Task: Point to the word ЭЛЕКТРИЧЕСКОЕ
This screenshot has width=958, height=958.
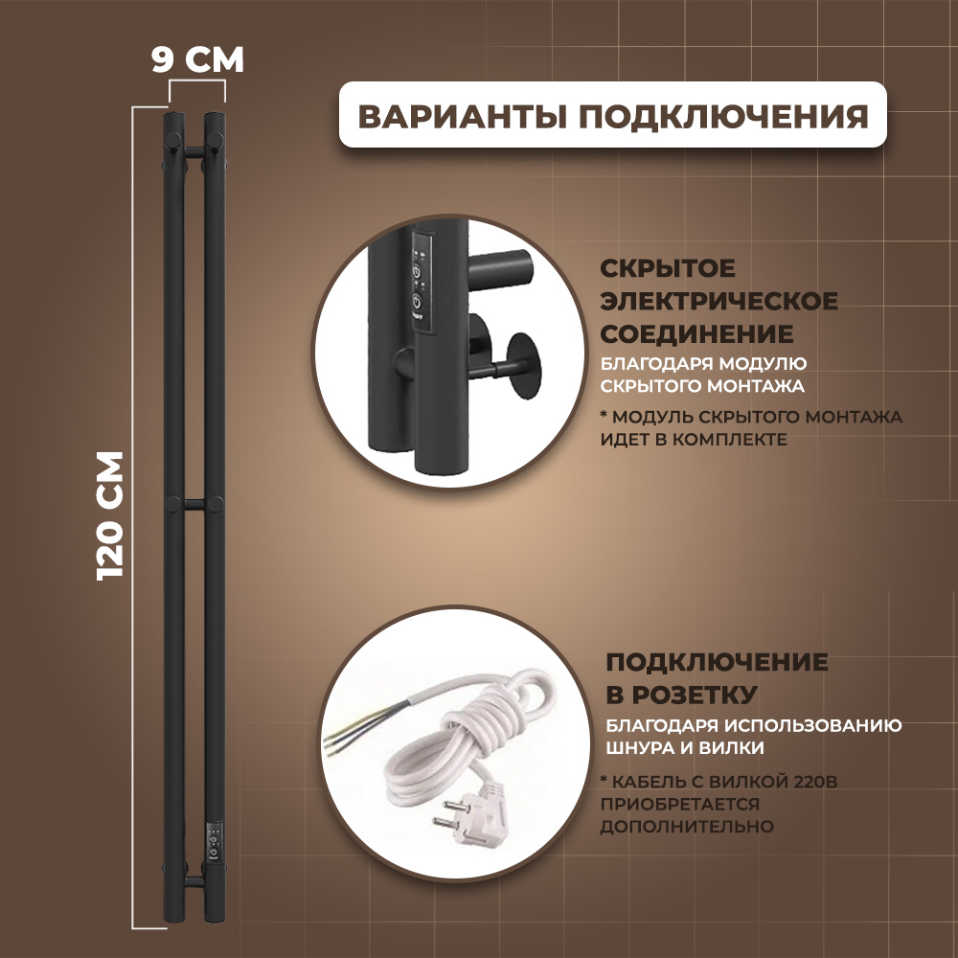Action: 718,302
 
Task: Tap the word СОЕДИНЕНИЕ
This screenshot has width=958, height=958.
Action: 696,334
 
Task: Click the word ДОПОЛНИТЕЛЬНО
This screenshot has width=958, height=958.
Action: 687,826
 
